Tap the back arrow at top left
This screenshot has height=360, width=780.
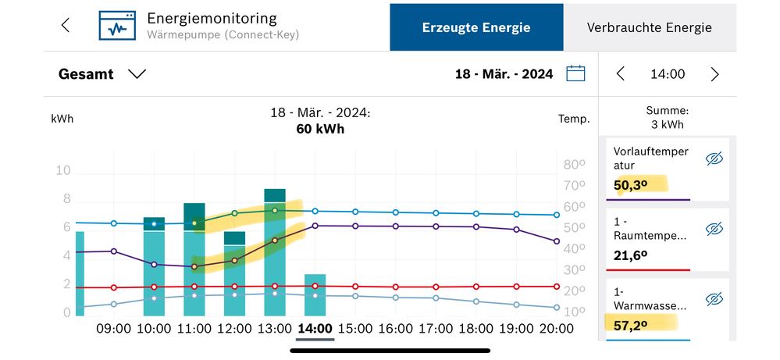click(66, 25)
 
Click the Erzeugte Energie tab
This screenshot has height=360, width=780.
click(476, 27)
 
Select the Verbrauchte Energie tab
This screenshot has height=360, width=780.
click(649, 27)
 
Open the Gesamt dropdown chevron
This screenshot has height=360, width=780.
click(137, 74)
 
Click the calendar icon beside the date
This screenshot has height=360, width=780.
click(575, 74)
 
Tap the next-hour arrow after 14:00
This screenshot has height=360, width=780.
click(714, 74)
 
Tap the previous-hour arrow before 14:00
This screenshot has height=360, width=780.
click(621, 74)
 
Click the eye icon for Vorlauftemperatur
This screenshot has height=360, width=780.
click(714, 159)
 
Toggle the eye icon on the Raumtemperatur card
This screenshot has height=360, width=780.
click(714, 229)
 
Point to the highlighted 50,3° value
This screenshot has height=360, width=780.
click(631, 185)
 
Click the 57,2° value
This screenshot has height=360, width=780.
click(631, 324)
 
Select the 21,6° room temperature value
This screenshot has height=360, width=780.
click(631, 255)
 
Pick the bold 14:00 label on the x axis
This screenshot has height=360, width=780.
click(315, 329)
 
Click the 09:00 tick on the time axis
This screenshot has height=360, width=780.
click(113, 329)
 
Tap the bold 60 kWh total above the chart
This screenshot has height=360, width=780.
click(320, 129)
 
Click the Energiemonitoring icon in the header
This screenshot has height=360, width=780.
click(116, 25)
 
